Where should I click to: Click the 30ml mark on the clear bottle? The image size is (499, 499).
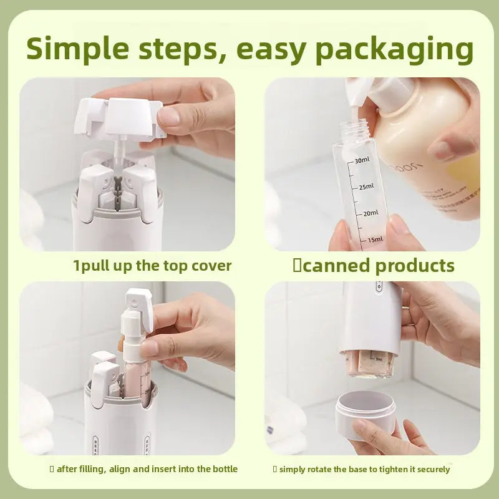point(362,161)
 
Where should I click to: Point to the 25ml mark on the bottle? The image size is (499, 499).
point(366,187)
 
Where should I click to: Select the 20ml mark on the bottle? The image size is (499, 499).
point(370,213)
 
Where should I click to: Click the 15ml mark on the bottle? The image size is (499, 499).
point(375,240)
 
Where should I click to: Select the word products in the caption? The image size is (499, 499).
point(415,266)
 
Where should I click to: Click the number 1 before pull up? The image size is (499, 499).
point(77,266)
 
